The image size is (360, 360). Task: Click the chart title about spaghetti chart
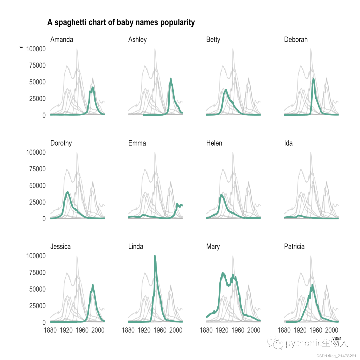[121, 23]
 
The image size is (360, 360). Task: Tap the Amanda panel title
[62, 39]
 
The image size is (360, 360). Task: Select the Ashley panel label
[137, 40]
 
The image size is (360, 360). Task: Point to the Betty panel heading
[213, 40]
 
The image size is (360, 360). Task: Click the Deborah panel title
[296, 39]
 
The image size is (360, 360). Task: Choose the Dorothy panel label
[61, 143]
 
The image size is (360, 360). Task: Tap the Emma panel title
[137, 143]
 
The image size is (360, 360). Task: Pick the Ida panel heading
[288, 143]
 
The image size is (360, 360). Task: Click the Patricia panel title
[294, 247]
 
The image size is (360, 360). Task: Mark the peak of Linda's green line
[155, 256]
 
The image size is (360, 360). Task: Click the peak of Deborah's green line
[313, 79]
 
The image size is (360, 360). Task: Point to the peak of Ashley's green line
[171, 79]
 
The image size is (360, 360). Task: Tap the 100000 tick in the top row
[36, 49]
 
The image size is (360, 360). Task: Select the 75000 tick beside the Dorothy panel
[37, 169]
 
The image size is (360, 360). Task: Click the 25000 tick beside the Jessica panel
[37, 306]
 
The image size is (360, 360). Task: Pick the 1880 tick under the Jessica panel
[50, 330]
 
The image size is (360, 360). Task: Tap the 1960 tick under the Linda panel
[160, 330]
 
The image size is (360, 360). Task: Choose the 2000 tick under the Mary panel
[254, 330]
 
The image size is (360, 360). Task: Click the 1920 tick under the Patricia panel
[300, 330]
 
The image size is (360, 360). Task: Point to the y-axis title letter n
[21, 47]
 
